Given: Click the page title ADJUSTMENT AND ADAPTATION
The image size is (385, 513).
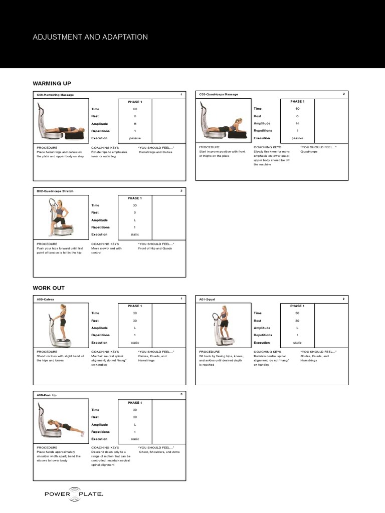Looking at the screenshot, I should click(x=90, y=37).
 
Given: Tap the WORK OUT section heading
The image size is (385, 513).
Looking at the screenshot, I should click(x=49, y=288).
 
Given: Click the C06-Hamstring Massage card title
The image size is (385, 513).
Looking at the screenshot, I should click(x=55, y=94).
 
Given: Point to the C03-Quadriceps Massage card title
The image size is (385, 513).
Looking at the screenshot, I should click(x=219, y=94).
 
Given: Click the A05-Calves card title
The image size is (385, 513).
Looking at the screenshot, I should click(x=45, y=299).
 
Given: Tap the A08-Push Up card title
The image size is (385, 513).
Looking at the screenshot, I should click(x=47, y=395).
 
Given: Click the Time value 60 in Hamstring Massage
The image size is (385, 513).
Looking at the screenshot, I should click(x=135, y=109).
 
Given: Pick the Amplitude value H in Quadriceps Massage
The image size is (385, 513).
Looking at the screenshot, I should click(x=297, y=123).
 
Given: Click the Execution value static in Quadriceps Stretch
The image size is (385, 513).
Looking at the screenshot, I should click(x=135, y=234).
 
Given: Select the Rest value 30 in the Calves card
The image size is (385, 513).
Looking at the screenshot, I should click(x=135, y=321).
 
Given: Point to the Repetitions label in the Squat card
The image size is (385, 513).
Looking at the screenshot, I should click(x=263, y=335).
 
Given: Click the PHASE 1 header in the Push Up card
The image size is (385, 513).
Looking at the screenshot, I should click(x=135, y=402).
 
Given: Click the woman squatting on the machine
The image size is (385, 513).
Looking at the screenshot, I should click(x=222, y=323).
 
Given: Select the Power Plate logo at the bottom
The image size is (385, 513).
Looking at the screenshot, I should click(x=74, y=494).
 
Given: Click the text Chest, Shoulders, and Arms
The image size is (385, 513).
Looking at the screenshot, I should click(x=159, y=452).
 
